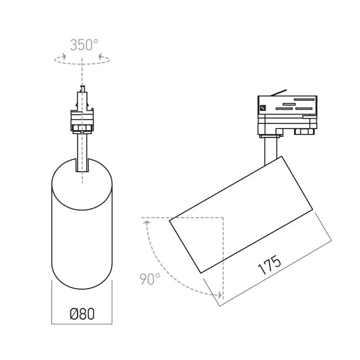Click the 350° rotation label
[x=84, y=45]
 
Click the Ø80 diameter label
[x=82, y=313]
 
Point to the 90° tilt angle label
[x=150, y=279]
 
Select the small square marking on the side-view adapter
[x=263, y=107]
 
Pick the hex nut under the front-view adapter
[x=82, y=128]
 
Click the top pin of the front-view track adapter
[x=81, y=90]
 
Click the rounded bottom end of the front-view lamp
[x=82, y=285]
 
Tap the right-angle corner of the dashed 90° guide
[x=222, y=218]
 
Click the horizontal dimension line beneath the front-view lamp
[x=82, y=323]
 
